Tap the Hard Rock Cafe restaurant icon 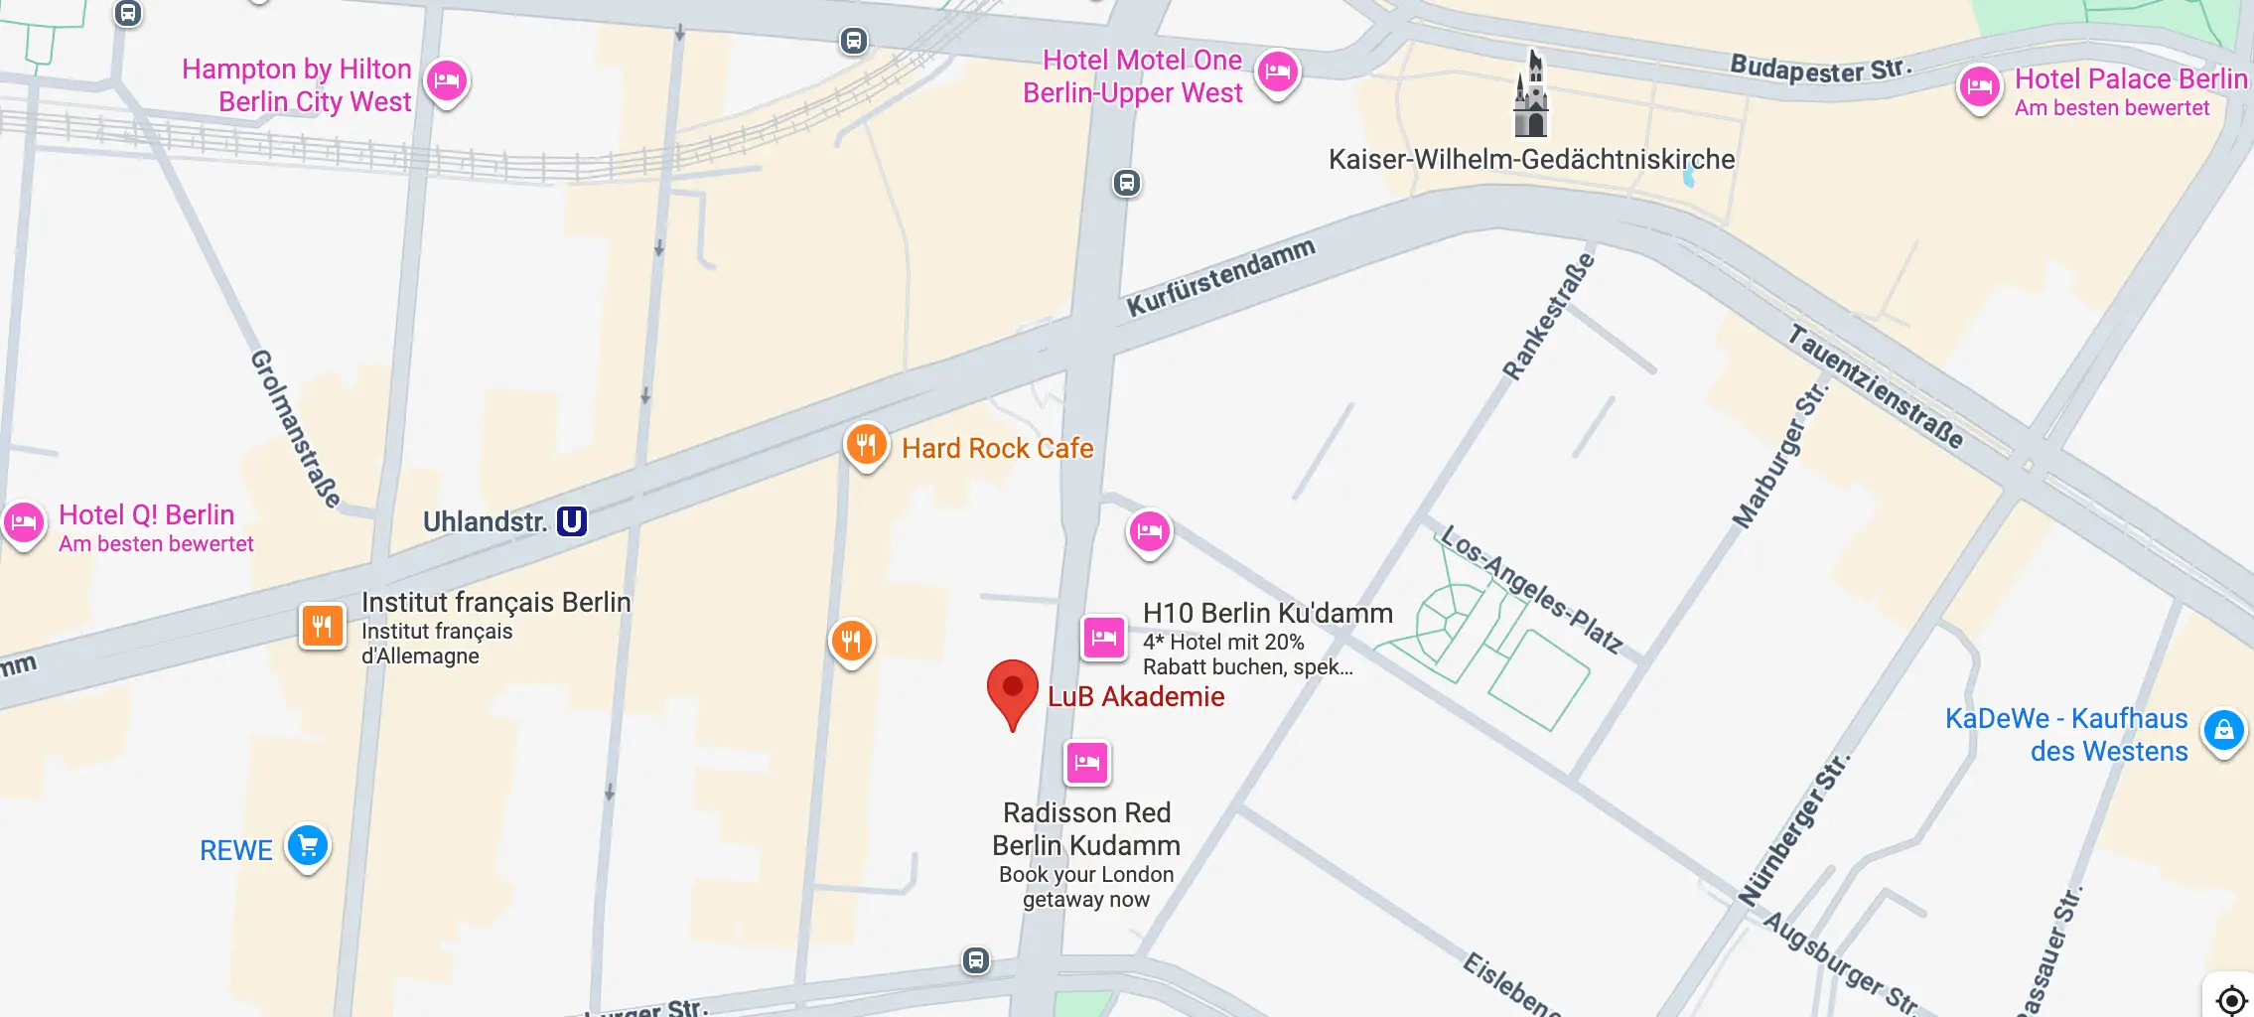click(x=866, y=446)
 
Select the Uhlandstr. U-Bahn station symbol click(x=572, y=521)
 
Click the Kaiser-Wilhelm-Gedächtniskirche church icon click(x=1531, y=96)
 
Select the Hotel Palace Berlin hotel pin click(x=1979, y=87)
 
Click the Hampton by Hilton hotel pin click(x=447, y=81)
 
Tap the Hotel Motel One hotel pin click(x=1278, y=73)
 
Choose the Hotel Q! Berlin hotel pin click(x=24, y=522)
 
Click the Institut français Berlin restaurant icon click(x=323, y=627)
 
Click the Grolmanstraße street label click(x=295, y=428)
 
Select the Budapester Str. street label click(x=1819, y=70)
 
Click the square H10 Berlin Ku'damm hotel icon click(x=1103, y=638)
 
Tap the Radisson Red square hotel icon click(x=1087, y=763)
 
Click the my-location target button click(x=2230, y=998)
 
